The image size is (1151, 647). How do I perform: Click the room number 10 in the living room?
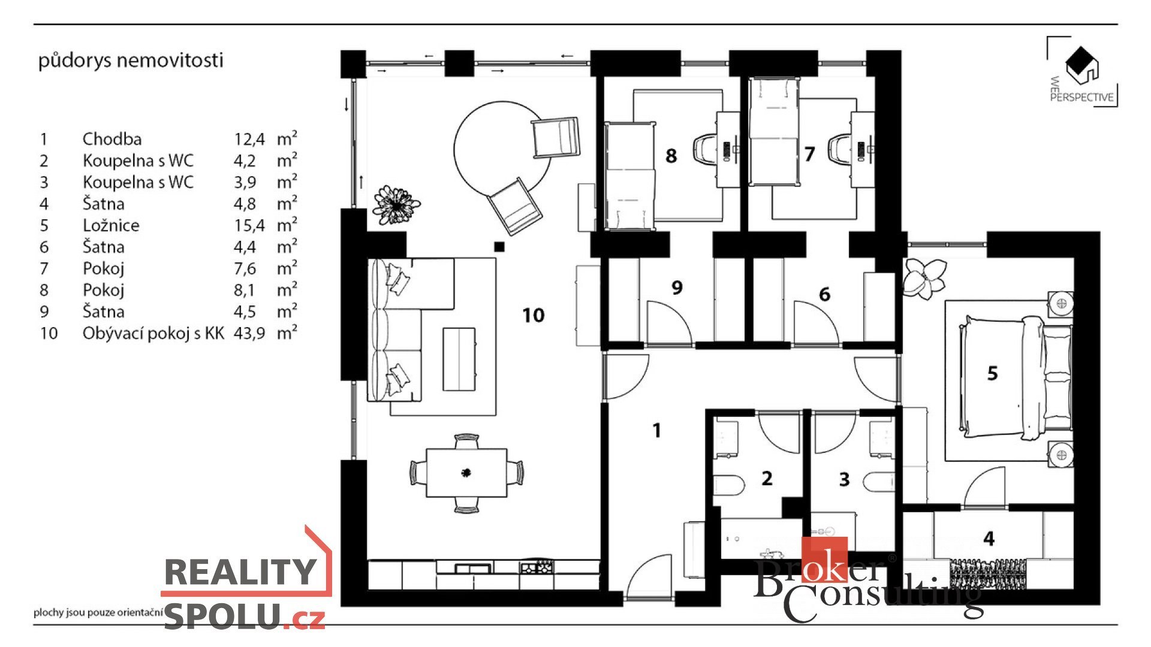[x=534, y=315]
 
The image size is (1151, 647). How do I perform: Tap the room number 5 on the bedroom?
[x=992, y=373]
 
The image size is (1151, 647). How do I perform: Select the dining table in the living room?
[x=466, y=473]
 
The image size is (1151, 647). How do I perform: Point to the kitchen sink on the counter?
[x=473, y=567]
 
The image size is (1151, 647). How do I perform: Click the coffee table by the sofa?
[x=459, y=359]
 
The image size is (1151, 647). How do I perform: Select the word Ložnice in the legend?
[x=111, y=225]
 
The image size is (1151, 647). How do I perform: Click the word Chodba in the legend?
[x=112, y=139]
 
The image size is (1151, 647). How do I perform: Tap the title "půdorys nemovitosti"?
[x=131, y=61]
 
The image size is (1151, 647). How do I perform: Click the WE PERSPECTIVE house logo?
[x=1082, y=72]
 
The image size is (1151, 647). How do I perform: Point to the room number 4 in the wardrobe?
[x=989, y=539]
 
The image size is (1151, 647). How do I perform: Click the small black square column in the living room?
[x=499, y=246]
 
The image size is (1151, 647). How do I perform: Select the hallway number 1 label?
[x=657, y=430]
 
